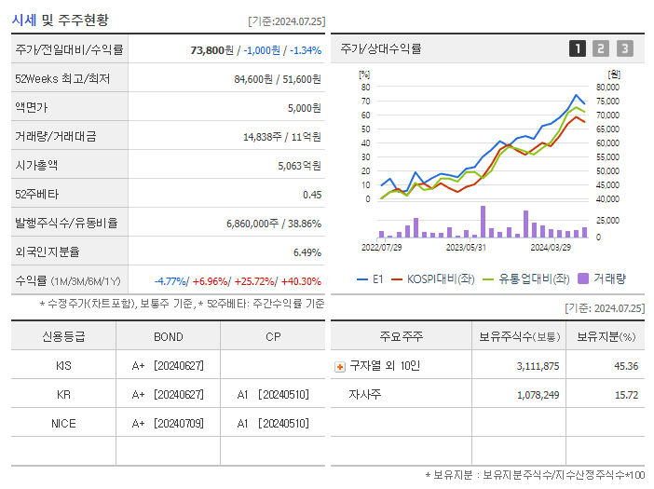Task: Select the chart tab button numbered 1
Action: (578, 48)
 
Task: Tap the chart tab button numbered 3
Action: (624, 48)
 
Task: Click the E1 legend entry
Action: (371, 278)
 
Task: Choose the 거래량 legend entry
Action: (603, 278)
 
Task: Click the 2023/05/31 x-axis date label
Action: (466, 248)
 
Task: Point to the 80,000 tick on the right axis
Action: (606, 88)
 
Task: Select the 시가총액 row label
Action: (36, 165)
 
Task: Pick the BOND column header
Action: (168, 336)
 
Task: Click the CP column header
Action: (273, 336)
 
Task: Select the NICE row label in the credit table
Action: (63, 423)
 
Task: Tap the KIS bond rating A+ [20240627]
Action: (168, 365)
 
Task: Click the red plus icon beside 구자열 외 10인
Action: (339, 366)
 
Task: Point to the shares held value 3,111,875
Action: (538, 366)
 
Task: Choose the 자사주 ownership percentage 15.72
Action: (627, 395)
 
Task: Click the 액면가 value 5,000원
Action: (304, 108)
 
